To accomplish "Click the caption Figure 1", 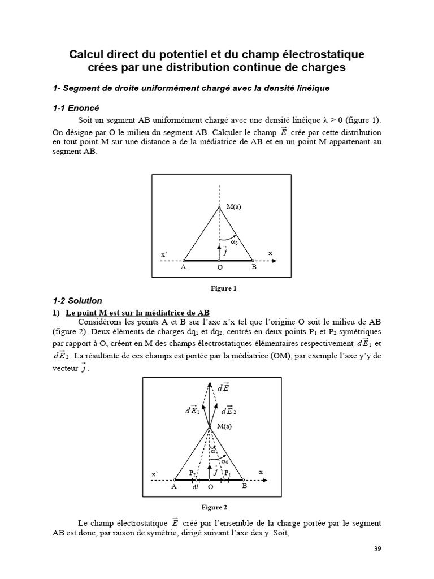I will point(223,288).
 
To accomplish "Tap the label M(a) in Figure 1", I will point(233,208).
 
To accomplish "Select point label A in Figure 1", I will point(183,267).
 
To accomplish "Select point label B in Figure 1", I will point(254,267).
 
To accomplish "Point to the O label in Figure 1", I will point(219,267).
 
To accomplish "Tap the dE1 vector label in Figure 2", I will point(192,411).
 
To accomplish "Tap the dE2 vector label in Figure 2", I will point(229,411).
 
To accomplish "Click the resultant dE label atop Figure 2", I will point(223,388).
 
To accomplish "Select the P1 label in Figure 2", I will point(227,473).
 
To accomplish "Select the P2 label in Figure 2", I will point(192,473).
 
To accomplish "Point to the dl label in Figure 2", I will point(196,486).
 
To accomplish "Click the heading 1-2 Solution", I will point(77,301).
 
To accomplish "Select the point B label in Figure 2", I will point(244,485).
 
